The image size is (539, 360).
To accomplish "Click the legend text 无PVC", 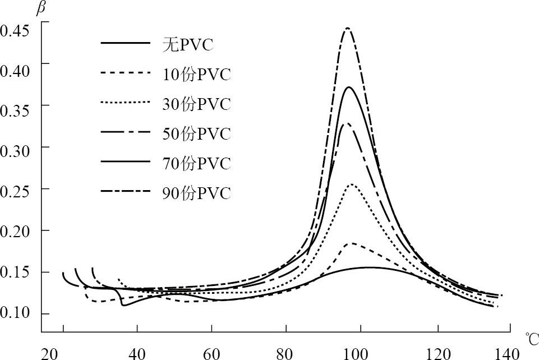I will point(185,44).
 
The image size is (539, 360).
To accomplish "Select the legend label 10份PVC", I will point(194,74).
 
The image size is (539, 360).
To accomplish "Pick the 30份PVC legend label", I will point(194,104).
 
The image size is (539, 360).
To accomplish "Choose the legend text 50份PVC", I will point(194,134).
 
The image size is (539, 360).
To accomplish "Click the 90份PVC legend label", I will point(194,194).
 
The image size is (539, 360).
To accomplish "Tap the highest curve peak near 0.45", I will point(348,28).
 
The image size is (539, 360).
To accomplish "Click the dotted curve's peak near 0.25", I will point(352,184).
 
